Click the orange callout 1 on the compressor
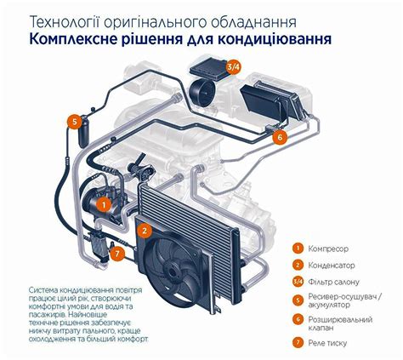[103, 204]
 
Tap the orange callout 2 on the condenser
[145, 230]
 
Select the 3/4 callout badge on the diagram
[233, 66]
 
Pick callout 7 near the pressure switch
[119, 252]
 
